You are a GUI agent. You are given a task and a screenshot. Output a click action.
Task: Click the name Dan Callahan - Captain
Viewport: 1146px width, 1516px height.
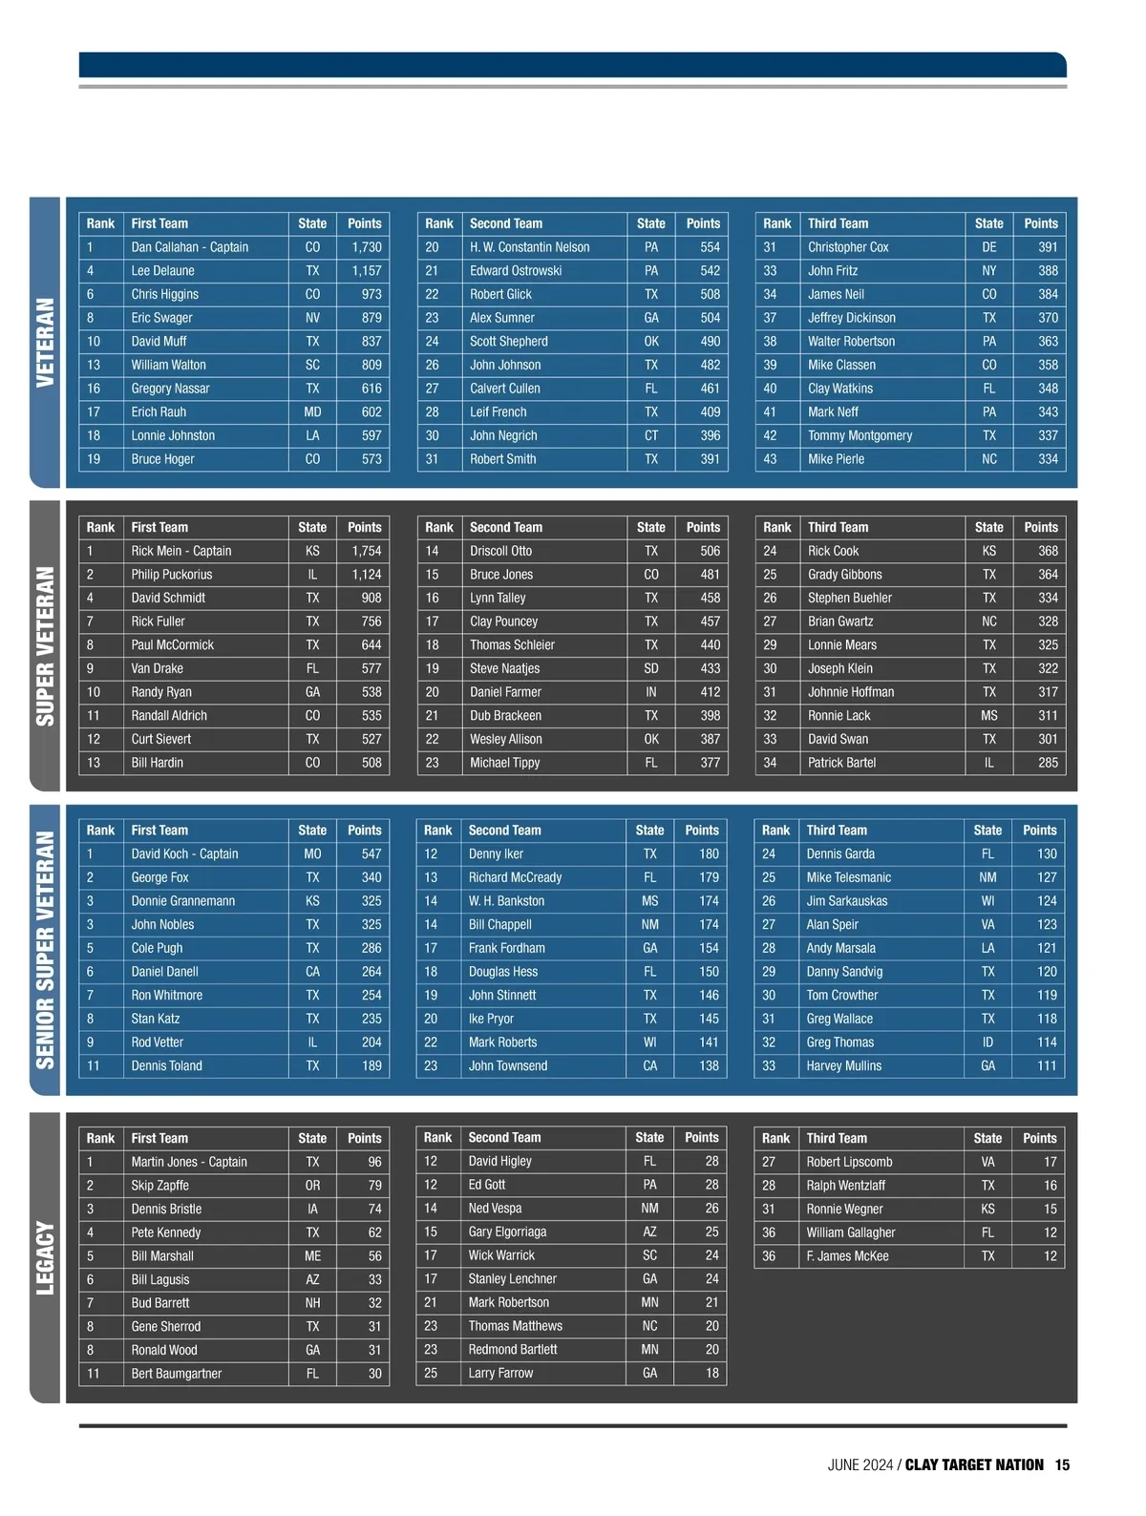click(x=189, y=247)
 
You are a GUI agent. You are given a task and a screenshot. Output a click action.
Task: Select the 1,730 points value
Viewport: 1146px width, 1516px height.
click(x=366, y=247)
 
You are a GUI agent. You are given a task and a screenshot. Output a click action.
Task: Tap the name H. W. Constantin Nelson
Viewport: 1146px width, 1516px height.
click(x=529, y=247)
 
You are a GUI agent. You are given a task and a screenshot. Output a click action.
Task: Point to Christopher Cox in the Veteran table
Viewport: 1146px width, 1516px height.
click(x=848, y=247)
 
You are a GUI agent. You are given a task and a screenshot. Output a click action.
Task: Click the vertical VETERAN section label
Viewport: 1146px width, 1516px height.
click(x=45, y=343)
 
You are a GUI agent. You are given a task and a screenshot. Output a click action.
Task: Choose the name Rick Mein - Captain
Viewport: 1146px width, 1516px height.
click(x=180, y=551)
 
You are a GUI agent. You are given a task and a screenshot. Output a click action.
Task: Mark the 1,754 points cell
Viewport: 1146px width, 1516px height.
click(x=366, y=551)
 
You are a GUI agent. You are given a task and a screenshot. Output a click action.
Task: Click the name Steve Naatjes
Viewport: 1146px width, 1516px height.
click(x=504, y=668)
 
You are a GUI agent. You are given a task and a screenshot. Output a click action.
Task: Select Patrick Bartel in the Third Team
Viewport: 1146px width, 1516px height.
click(x=841, y=763)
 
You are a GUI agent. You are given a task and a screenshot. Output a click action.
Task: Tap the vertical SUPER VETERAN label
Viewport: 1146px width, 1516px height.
click(x=45, y=646)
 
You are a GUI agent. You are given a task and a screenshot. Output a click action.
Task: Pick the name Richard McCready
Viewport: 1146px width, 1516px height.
click(x=515, y=877)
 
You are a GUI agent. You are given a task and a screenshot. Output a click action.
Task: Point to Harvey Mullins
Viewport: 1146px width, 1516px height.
click(x=843, y=1066)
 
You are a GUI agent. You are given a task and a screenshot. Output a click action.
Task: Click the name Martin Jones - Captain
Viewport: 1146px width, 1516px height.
click(x=189, y=1162)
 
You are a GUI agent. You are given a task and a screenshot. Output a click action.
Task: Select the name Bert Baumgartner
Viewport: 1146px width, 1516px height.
click(x=176, y=1374)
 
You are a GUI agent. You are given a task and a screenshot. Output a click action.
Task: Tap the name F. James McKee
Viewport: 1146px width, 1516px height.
click(x=847, y=1256)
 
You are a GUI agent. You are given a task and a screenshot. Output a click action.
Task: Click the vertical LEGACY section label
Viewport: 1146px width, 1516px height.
click(x=45, y=1258)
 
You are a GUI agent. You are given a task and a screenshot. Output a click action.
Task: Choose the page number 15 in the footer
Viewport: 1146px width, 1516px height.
click(x=1062, y=1465)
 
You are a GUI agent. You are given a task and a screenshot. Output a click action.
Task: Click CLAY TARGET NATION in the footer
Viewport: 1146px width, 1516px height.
click(x=974, y=1465)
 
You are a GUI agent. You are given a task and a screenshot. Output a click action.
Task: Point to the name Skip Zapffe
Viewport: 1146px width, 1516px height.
click(x=159, y=1186)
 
